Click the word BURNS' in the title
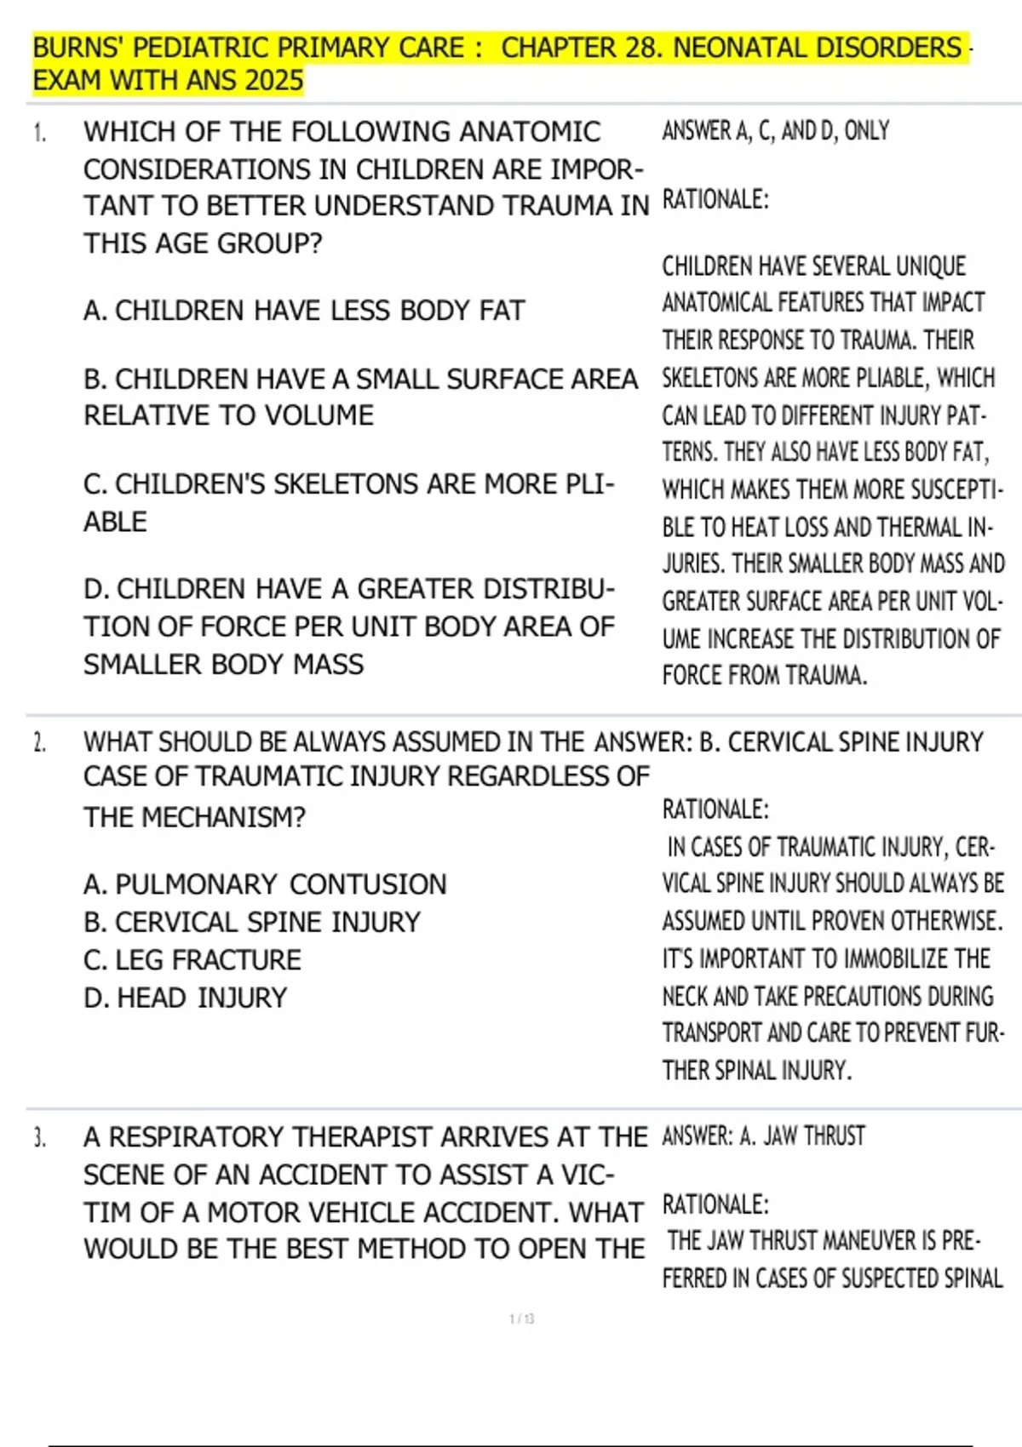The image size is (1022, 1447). click(78, 48)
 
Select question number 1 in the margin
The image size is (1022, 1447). click(38, 133)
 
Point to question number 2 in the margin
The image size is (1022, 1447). click(39, 743)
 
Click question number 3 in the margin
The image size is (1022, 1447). click(39, 1138)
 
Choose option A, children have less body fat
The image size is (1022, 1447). click(304, 311)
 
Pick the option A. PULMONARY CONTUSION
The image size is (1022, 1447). click(265, 884)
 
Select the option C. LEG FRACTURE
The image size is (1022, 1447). click(192, 960)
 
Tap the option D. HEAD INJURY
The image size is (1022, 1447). click(186, 998)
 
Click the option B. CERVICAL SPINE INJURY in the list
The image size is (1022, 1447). click(252, 923)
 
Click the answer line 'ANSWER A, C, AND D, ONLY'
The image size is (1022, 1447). click(775, 131)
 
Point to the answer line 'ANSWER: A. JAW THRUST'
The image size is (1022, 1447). click(763, 1136)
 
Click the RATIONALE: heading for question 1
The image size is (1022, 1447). click(715, 200)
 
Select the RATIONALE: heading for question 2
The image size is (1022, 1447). click(715, 809)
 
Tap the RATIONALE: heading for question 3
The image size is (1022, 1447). click(715, 1205)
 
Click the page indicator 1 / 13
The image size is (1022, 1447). click(521, 1319)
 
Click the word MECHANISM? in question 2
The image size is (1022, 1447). click(223, 818)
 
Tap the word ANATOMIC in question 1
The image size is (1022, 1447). click(530, 133)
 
